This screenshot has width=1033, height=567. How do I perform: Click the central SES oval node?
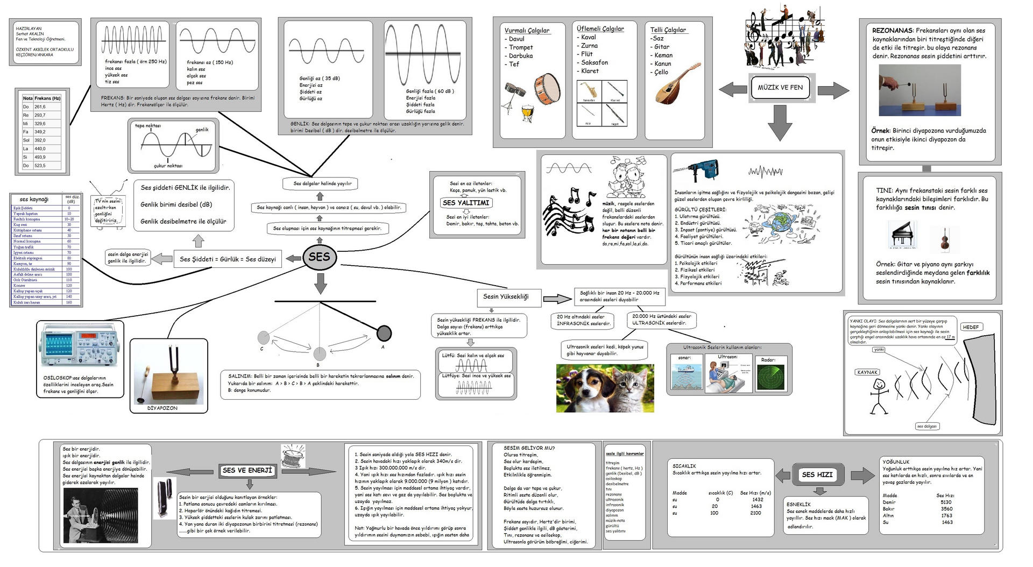pos(319,257)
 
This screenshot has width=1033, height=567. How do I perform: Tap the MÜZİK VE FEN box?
pos(780,88)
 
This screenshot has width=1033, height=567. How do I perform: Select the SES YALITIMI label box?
pos(466,203)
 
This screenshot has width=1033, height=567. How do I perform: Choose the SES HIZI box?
pos(817,474)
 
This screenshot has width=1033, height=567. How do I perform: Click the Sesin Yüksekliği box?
pos(506,297)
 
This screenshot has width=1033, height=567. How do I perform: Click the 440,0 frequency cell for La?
pos(40,149)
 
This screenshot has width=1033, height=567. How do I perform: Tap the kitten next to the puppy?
pos(631,387)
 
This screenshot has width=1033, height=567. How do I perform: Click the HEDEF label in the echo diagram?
pos(971,327)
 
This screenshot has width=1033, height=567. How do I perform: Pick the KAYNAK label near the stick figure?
pos(867,372)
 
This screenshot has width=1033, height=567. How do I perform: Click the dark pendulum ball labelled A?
pos(384,334)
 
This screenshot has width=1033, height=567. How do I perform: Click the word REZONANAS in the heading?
pos(892,31)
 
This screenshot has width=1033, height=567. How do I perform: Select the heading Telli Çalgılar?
pos(668,30)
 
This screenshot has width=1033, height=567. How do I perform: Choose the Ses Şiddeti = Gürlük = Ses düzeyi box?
pos(228,259)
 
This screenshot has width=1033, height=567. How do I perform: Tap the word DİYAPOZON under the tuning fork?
pos(162,408)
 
